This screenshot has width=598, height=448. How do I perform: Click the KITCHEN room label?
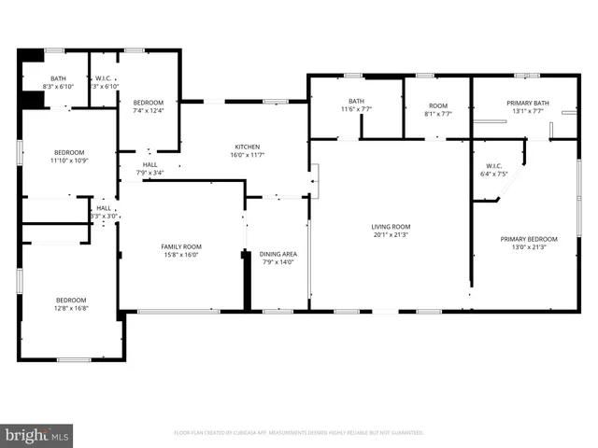click(247, 147)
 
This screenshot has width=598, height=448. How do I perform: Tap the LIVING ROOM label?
click(391, 226)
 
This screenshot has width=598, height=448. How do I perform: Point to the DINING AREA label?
click(278, 254)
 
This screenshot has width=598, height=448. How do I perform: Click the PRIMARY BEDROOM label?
click(522, 239)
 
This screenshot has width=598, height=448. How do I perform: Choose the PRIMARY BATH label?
click(524, 103)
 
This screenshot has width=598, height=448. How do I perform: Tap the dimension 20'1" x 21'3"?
click(391, 234)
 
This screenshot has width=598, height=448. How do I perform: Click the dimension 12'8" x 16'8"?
click(71, 308)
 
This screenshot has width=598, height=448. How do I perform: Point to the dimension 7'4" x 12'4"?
click(148, 111)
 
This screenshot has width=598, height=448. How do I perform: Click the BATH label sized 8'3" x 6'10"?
click(58, 78)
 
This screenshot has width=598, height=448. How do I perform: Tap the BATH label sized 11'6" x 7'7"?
click(356, 101)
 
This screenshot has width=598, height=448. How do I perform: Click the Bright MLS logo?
click(37, 435)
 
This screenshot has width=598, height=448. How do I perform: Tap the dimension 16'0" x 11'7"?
click(247, 155)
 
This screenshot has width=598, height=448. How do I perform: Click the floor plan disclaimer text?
click(299, 433)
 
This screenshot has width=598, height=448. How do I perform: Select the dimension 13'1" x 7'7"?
click(524, 111)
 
